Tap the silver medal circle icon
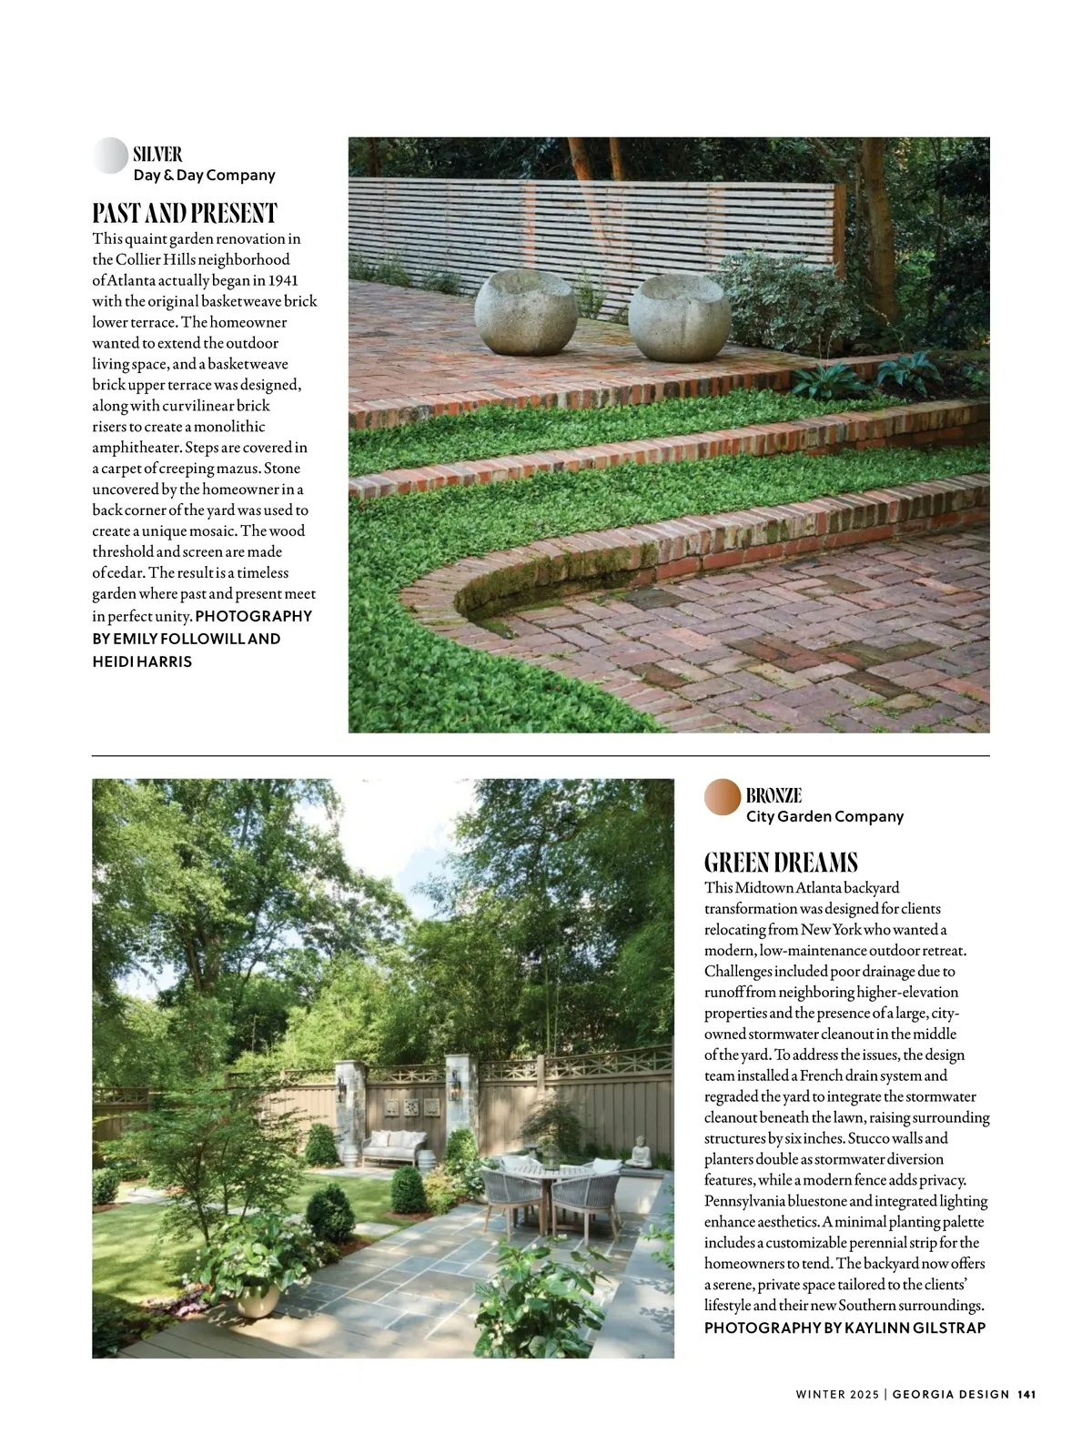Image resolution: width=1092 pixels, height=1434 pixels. [110, 156]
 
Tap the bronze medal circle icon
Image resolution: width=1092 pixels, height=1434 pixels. [723, 796]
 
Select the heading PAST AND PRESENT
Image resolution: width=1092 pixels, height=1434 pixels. [185, 214]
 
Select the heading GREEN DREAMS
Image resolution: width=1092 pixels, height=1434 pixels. [781, 862]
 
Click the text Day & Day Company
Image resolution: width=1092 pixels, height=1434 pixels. [204, 176]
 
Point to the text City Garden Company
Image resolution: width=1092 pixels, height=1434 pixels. [824, 816]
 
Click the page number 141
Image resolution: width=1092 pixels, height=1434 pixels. [1027, 1394]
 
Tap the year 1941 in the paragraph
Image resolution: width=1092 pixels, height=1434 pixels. [283, 280]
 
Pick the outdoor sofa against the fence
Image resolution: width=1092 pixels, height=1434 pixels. [395, 1148]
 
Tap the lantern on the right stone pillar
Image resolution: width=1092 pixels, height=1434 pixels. [451, 1089]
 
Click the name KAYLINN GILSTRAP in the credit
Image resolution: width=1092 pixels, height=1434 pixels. [915, 1328]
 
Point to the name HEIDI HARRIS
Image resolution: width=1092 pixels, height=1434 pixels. [142, 661]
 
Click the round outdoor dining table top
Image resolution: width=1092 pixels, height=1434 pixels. [551, 1173]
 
